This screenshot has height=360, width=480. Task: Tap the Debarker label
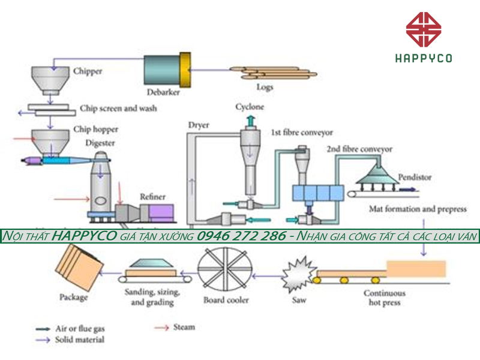[x=163, y=92]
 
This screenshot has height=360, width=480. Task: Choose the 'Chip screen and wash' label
[x=118, y=109]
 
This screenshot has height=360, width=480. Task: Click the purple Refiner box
[x=161, y=211]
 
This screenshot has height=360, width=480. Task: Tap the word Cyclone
[x=249, y=107]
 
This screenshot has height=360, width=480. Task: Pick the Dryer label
[x=198, y=125]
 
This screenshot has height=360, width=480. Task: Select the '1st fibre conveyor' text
[x=301, y=132]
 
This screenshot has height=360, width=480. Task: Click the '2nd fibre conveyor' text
[x=359, y=148]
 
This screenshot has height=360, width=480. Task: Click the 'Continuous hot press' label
[x=385, y=298]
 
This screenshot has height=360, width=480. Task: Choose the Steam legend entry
[x=184, y=327]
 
